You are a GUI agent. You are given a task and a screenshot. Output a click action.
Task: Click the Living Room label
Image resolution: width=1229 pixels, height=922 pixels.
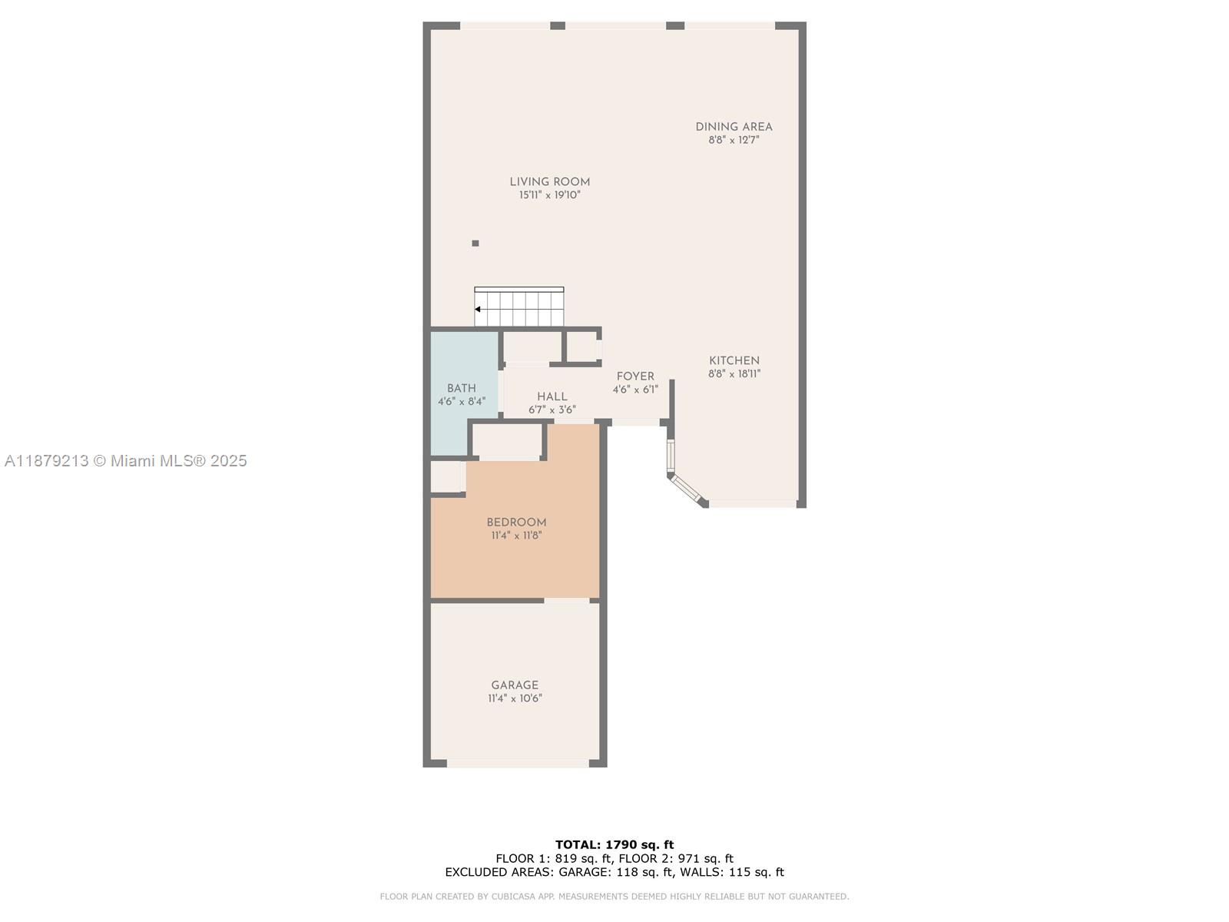550,182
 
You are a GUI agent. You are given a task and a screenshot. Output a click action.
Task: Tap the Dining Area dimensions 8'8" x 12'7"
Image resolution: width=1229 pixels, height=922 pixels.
734,141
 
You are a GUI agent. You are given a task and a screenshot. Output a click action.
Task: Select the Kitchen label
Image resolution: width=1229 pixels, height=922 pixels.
734,360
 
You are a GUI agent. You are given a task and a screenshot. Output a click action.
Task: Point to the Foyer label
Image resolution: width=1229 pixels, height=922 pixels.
635,376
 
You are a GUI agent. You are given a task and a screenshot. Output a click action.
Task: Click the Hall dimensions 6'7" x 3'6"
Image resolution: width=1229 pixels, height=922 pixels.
552,410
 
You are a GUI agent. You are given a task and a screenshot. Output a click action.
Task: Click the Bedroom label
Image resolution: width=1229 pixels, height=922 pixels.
516,522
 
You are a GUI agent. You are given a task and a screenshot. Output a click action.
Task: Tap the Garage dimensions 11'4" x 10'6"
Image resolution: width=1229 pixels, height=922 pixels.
515,698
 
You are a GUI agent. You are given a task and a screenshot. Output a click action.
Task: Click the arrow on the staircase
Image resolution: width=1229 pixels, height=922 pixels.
478,310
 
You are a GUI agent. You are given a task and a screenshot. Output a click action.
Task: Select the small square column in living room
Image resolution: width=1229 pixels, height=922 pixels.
475,244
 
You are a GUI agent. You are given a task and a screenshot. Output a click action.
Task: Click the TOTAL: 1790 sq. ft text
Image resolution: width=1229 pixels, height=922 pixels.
614,845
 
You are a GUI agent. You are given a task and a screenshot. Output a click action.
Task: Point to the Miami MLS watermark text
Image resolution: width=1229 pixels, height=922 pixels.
126,461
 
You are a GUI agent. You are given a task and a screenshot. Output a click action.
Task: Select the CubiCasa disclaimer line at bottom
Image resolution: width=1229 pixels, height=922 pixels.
614,897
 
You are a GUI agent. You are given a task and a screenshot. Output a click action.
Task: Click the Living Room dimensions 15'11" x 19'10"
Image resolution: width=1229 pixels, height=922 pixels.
550,195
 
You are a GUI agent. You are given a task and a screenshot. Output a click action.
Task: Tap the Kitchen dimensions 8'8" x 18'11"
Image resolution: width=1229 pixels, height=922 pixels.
734,374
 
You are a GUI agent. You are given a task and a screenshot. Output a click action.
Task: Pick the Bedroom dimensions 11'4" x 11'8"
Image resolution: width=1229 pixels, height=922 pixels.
516,536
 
